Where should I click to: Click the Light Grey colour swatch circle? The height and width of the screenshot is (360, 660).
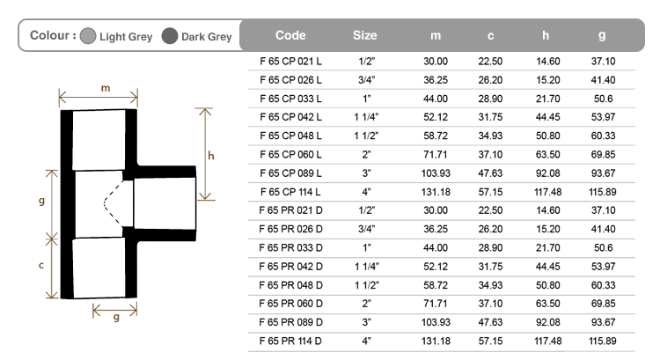point(88,36)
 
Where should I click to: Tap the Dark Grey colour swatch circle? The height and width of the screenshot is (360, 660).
point(170,36)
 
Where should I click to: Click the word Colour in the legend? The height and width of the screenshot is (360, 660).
point(49,35)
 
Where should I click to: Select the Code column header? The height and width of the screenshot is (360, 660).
point(290,35)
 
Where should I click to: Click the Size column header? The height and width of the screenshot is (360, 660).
point(365,35)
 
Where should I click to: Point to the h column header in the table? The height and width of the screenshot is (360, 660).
point(546,35)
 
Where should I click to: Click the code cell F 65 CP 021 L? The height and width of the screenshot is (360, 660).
point(291,62)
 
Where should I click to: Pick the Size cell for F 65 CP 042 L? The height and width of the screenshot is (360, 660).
point(367,117)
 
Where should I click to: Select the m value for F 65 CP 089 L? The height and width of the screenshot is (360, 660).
point(436,173)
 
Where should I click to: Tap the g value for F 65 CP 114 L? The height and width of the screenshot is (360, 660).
point(603,192)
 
